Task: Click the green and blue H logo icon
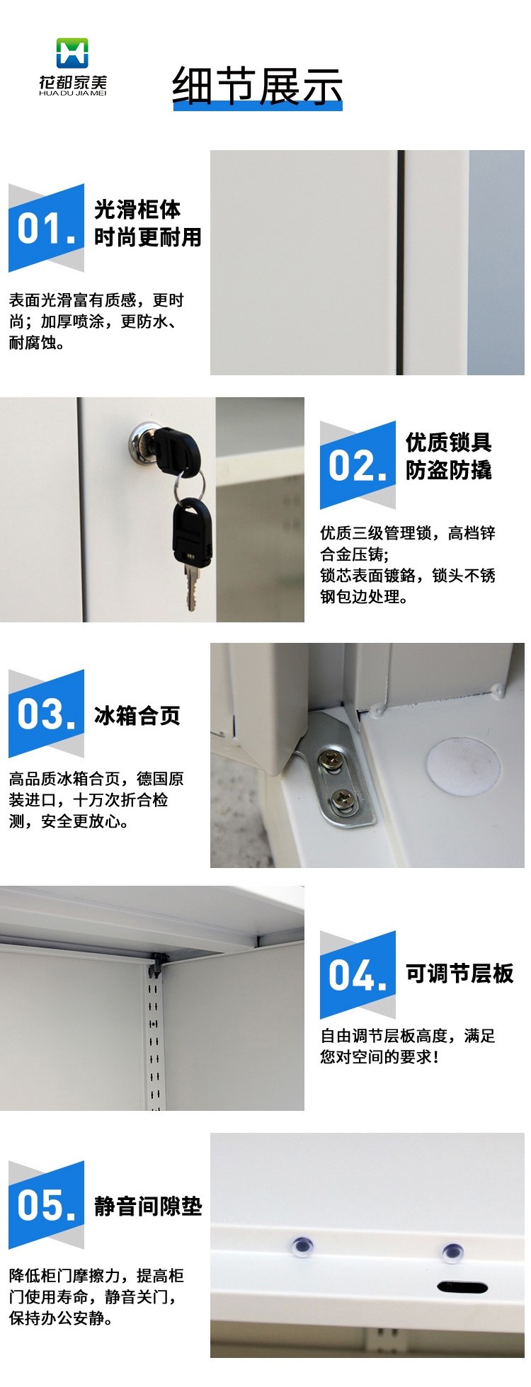(72, 53)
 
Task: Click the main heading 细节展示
(258, 86)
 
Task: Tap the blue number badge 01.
(46, 228)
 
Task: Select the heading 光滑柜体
(137, 210)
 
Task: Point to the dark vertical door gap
(400, 262)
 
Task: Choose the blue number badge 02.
(358, 465)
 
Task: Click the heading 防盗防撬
(449, 470)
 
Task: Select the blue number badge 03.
(46, 714)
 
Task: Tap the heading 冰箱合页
(137, 716)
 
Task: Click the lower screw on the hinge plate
(342, 798)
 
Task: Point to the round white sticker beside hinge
(463, 767)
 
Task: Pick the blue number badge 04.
(358, 975)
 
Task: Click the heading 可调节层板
(459, 974)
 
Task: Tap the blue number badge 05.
(46, 1205)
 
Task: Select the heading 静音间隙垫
(148, 1206)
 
